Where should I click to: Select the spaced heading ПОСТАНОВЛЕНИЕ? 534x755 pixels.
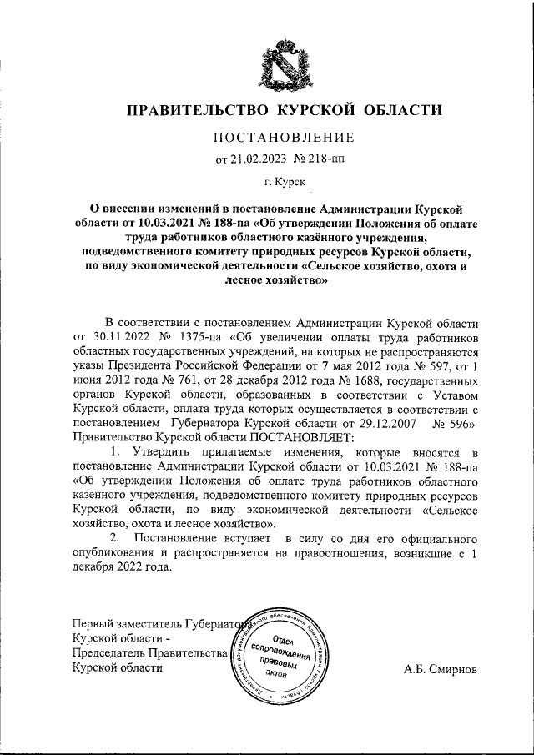pos(285,137)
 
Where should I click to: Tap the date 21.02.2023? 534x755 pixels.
pos(262,157)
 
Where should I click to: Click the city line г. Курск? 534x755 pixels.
pos(285,180)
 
